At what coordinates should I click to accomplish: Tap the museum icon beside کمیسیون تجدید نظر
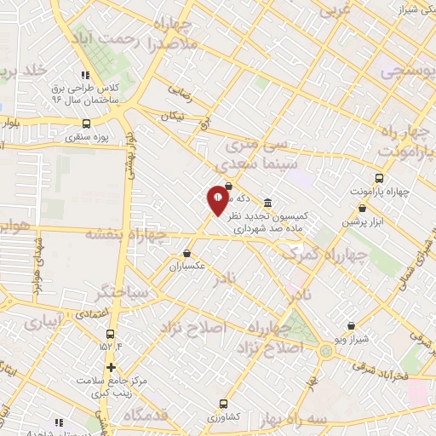tap(268, 203)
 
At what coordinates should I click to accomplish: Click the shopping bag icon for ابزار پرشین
tap(363, 208)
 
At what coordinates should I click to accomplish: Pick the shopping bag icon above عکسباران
tap(187, 253)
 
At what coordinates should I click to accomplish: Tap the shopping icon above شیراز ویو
tap(351, 325)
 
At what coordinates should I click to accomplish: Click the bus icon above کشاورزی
tap(223, 404)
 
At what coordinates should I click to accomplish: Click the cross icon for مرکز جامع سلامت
tap(111, 367)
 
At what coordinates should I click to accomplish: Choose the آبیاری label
tap(43, 324)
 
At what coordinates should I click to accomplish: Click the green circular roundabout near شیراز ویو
tap(326, 352)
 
